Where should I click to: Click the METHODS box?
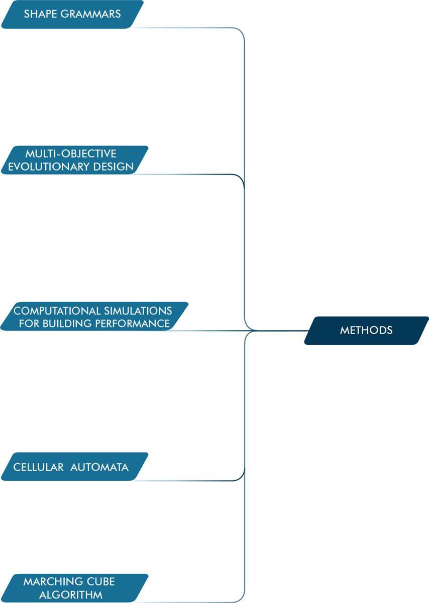click(366, 331)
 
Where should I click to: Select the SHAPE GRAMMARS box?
click(72, 14)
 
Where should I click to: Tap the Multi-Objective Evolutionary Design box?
click(74, 160)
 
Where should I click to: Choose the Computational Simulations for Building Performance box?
click(94, 317)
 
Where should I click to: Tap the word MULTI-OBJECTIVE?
click(70, 154)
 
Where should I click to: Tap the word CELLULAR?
click(38, 467)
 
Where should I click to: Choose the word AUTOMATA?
click(99, 467)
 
